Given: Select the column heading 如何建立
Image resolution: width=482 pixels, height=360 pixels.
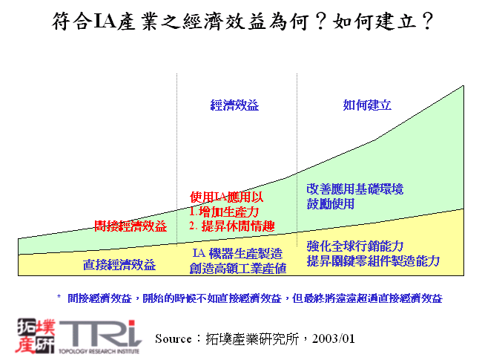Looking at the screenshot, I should (367, 105).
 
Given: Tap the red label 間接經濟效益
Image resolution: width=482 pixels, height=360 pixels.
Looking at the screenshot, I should (131, 226).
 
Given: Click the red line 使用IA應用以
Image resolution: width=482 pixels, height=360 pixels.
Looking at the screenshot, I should (227, 197).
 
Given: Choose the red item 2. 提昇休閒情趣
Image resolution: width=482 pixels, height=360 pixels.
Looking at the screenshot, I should (231, 226).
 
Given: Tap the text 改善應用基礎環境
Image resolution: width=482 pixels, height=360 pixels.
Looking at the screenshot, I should (354, 189).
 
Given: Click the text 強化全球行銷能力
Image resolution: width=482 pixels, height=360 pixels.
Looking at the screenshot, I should (354, 246).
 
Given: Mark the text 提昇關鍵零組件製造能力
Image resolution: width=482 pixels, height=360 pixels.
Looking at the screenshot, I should (373, 261).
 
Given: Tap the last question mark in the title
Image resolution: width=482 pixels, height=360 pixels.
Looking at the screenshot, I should (426, 21).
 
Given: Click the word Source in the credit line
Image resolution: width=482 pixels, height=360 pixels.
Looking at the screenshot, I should (174, 338).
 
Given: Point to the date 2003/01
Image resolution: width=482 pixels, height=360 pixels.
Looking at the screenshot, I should (334, 338).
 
